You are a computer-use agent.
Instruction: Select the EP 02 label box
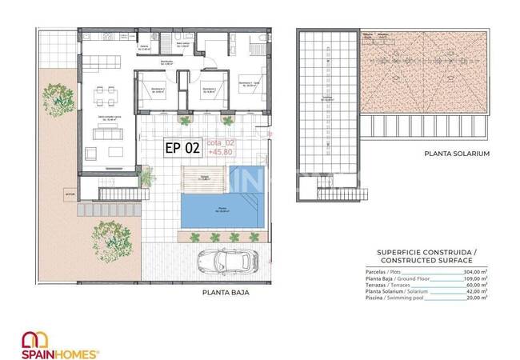point(182,147)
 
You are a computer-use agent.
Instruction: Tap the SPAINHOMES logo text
point(66,353)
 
